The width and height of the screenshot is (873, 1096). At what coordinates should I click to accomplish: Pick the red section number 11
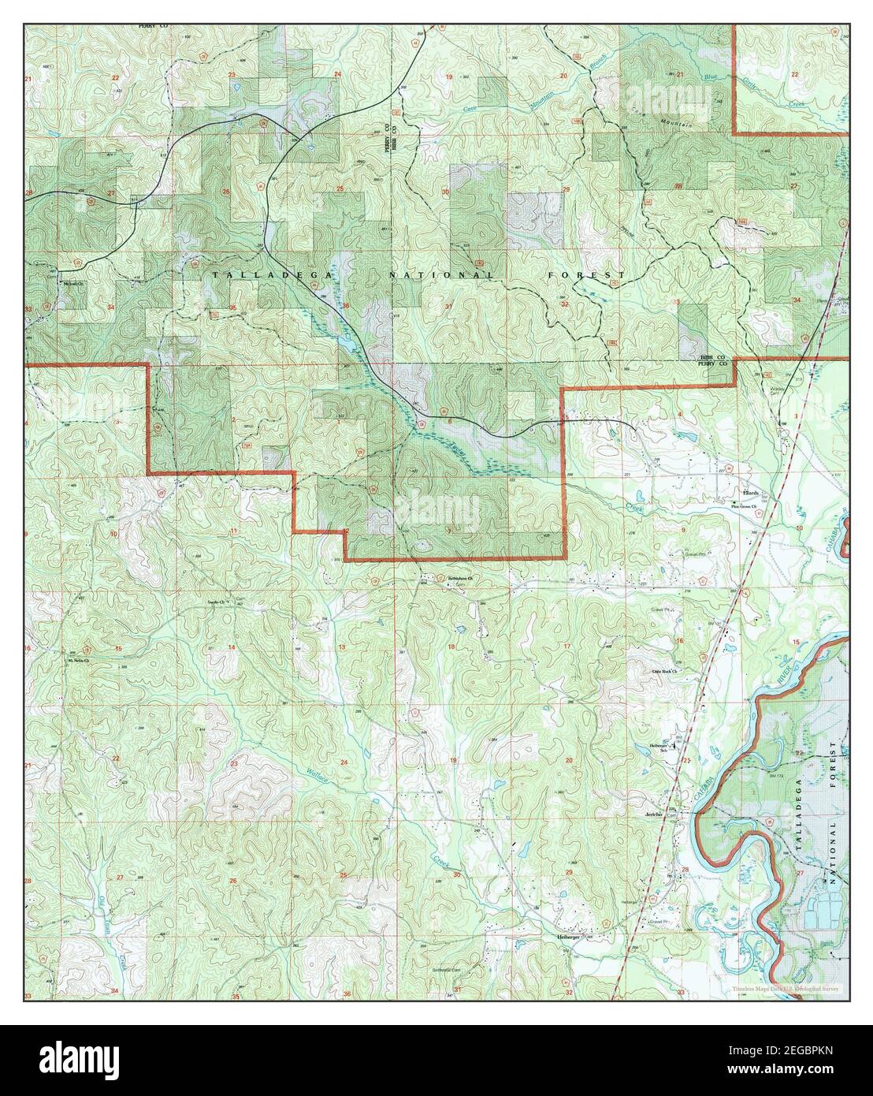[x=233, y=531]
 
